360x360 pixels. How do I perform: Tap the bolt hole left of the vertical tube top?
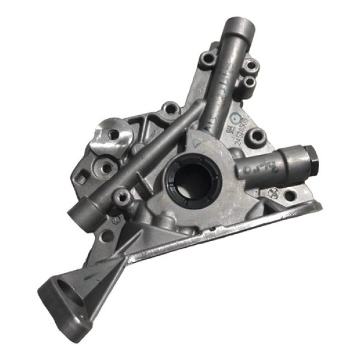tap(208, 59)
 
